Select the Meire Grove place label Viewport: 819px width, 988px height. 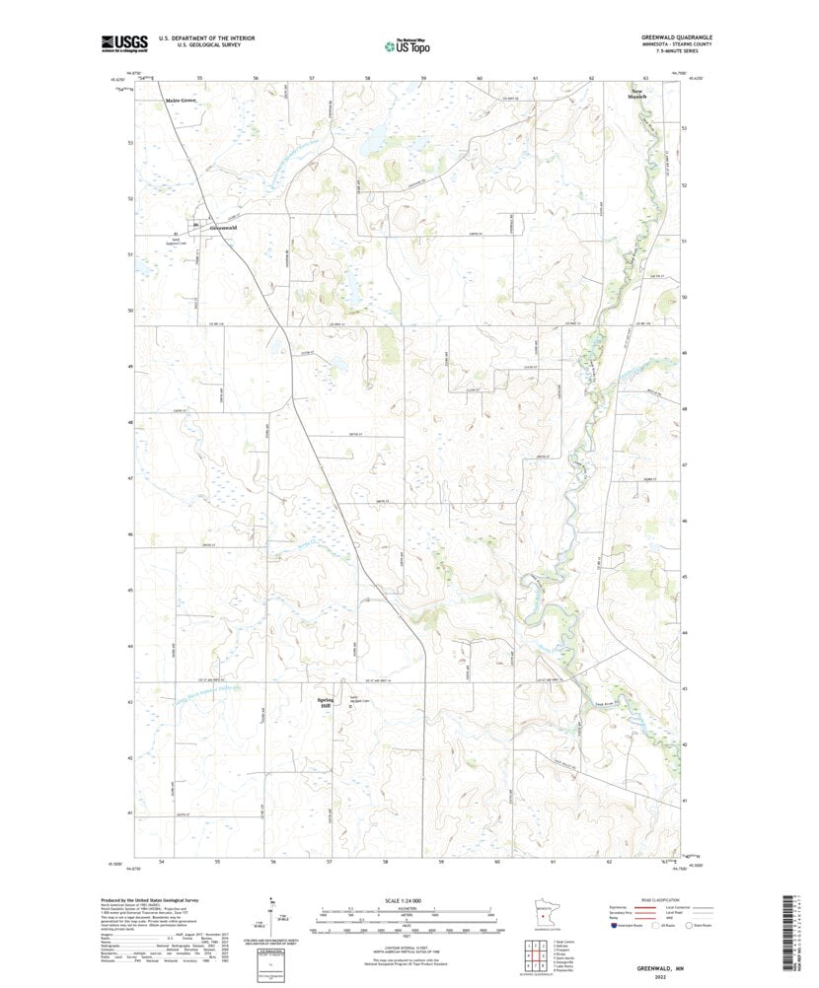pyautogui.click(x=182, y=101)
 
